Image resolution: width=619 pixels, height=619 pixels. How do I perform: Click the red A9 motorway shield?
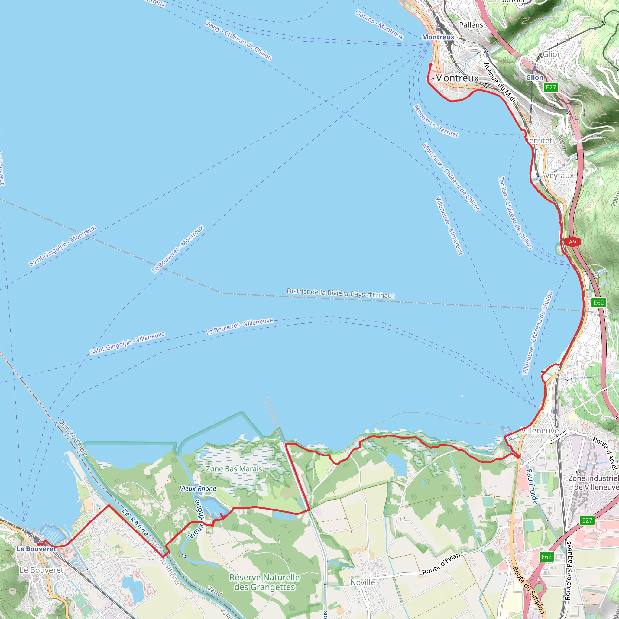click(572, 242)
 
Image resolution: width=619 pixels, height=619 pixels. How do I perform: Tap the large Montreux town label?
click(457, 78)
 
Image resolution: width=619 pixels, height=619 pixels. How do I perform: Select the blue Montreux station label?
click(438, 37)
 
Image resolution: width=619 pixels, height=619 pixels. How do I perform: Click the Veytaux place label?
click(559, 176)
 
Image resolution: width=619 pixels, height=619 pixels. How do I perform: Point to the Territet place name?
click(540, 141)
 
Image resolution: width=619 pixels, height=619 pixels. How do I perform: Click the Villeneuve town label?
click(540, 431)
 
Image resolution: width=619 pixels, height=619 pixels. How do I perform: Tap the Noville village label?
click(362, 582)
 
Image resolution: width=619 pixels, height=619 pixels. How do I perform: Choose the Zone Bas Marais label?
click(234, 469)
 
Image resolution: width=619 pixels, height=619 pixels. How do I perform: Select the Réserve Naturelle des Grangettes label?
click(265, 582)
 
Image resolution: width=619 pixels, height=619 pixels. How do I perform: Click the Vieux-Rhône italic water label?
click(198, 489)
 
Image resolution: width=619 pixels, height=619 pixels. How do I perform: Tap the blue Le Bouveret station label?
click(36, 549)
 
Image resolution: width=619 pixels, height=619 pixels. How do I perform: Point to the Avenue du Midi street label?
click(500, 83)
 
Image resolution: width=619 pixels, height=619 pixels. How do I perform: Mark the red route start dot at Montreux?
click(431, 65)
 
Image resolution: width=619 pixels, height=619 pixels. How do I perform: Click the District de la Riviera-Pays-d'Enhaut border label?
click(340, 293)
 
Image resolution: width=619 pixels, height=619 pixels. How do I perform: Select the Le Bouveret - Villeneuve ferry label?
click(239, 326)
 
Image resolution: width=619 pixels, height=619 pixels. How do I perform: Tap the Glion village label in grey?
click(552, 54)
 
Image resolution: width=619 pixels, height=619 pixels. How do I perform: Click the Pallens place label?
click(471, 25)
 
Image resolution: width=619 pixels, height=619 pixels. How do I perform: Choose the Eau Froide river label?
click(532, 487)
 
